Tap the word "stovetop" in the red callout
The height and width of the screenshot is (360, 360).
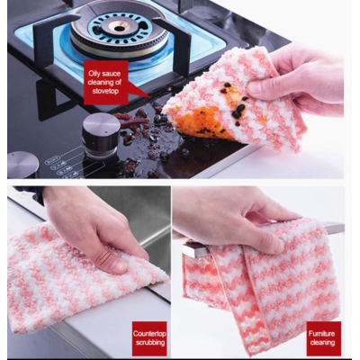click(106, 91)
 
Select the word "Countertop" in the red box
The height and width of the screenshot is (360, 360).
click(149, 334)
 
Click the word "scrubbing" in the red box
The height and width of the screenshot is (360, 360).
click(150, 342)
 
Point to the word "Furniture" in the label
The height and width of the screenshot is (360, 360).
click(321, 334)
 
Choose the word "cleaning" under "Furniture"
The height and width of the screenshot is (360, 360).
click(322, 342)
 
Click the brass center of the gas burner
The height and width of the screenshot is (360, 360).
click(119, 27)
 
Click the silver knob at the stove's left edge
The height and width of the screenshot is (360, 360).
click(22, 165)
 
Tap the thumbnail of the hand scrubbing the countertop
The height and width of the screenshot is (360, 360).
click(119, 266)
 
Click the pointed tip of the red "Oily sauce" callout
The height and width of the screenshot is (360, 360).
click(150, 97)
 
